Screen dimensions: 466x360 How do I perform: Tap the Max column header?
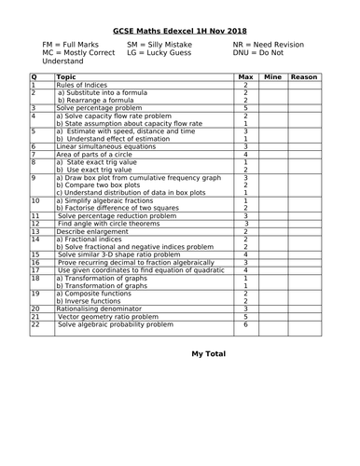pyautogui.click(x=245, y=77)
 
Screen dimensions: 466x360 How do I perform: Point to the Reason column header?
pyautogui.click(x=304, y=77)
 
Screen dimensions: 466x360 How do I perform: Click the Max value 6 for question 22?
pyautogui.click(x=245, y=324)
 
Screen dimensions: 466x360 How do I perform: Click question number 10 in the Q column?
pyautogui.click(x=36, y=200)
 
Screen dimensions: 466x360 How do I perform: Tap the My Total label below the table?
pyautogui.click(x=209, y=354)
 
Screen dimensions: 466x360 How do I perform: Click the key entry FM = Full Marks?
pyautogui.click(x=72, y=44)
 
